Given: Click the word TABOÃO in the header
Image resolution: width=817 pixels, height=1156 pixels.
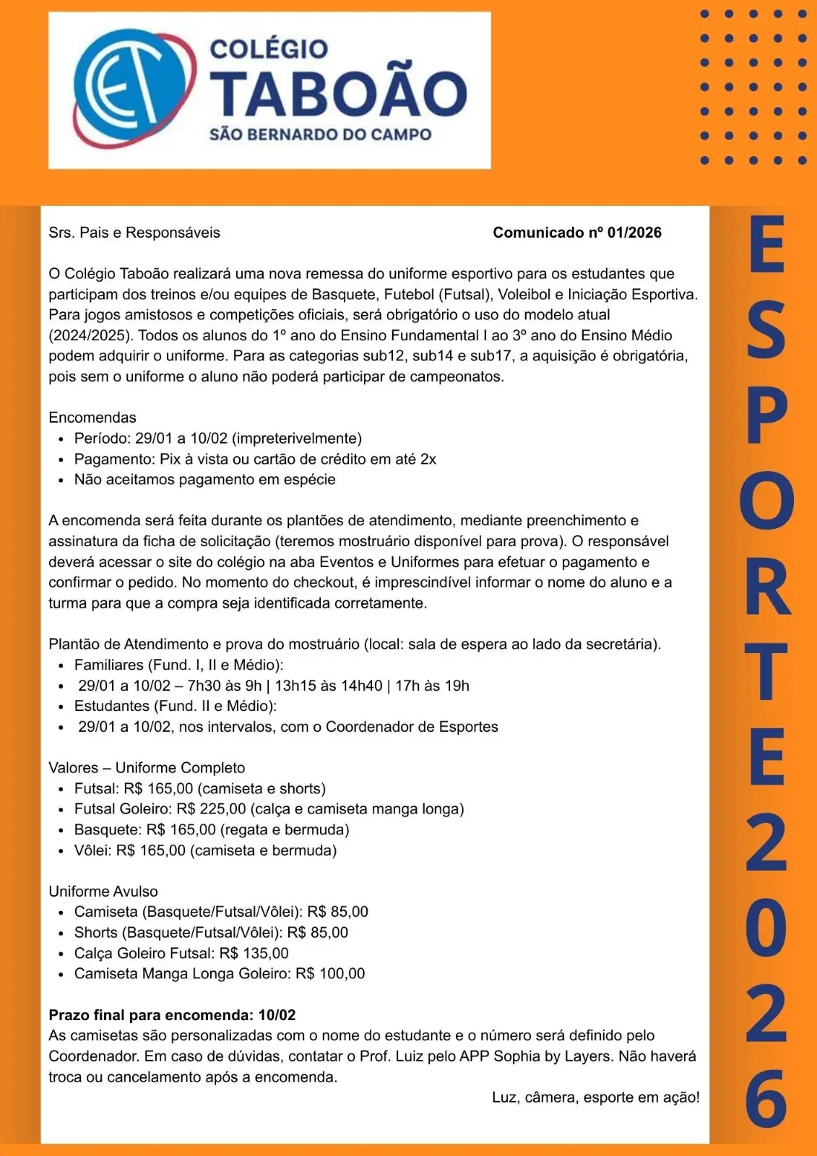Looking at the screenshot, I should tap(338, 95).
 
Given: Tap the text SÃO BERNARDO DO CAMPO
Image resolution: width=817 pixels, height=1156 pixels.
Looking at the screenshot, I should tap(320, 135).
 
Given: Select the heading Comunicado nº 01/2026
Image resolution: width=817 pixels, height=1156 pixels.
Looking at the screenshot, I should tap(576, 233).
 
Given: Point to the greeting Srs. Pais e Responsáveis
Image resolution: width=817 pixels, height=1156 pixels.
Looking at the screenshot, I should tap(134, 233).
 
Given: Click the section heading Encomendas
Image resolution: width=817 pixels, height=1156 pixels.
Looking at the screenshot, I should tap(92, 418).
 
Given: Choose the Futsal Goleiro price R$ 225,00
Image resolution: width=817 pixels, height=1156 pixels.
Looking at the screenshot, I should tap(211, 809).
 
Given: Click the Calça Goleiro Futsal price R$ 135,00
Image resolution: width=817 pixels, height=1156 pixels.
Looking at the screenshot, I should tap(254, 954).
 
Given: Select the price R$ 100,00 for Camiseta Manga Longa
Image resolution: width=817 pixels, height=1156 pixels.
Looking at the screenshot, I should tap(330, 974).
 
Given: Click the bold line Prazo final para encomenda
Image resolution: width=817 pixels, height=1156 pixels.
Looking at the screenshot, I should tap(172, 1015).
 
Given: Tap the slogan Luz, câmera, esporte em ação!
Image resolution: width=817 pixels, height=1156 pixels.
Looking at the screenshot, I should tap(595, 1097).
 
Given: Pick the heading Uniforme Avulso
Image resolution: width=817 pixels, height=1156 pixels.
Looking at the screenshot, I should tap(103, 892).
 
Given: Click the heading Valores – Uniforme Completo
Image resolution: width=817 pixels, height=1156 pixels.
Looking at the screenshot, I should tap(147, 768).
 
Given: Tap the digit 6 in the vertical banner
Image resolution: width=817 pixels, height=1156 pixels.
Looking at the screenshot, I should tap(766, 1097).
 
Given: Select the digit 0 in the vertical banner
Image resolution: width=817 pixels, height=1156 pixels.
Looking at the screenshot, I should tap(766, 926).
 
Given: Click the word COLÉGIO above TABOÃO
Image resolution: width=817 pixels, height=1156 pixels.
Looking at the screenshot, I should tap(268, 49).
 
